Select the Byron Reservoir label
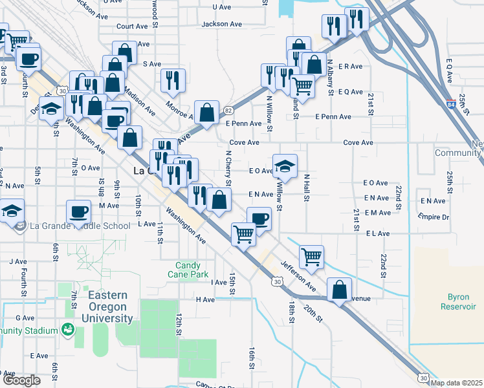457,301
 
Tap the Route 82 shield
227,111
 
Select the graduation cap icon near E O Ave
285,166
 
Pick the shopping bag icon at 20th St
340,289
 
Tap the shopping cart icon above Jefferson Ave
312,256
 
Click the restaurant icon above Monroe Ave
173,80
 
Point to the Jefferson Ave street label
298,275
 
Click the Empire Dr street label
434,216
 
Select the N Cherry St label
228,167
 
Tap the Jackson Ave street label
221,24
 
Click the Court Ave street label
132,27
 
